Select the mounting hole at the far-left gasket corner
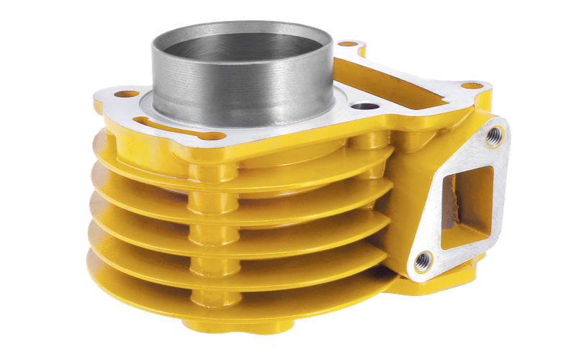point(127,94)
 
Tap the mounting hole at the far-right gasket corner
point(472,86)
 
